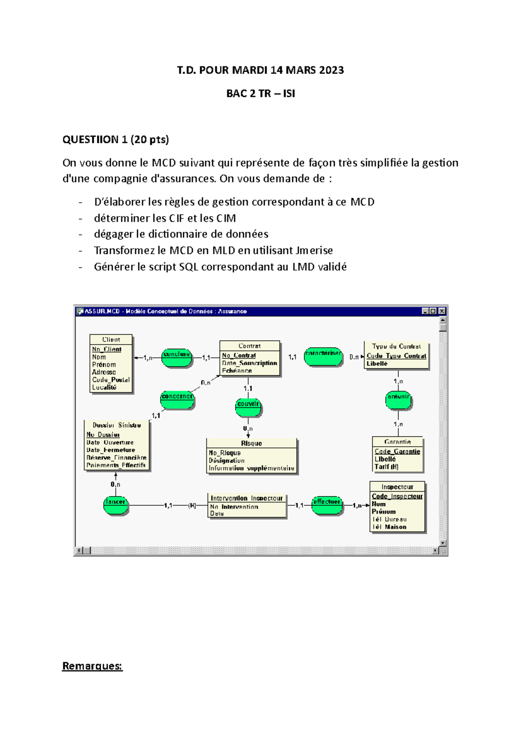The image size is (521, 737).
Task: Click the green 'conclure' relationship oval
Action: pos(177,358)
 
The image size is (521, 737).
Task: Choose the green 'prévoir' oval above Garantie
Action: pos(398,400)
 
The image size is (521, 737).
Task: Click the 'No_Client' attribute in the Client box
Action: pos(106,349)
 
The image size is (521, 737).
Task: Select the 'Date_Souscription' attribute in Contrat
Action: pos(249,363)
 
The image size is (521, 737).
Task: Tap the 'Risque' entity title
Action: pos(251,443)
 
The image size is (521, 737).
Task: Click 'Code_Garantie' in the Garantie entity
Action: pos(397,451)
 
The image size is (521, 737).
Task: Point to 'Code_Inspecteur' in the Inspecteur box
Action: pos(397,496)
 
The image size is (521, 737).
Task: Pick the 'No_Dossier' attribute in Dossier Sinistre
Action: pos(103,434)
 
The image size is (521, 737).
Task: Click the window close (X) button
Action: pos(442,311)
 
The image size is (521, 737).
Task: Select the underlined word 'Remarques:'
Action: pos(92,666)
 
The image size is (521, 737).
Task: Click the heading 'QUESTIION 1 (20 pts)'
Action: pos(115,139)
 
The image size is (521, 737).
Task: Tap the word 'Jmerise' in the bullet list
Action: pos(313,250)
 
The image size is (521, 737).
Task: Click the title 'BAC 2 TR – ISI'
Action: pos(260,93)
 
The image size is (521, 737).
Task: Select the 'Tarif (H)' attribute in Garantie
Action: pos(386,467)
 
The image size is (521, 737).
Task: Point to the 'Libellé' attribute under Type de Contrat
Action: pos(377,364)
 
